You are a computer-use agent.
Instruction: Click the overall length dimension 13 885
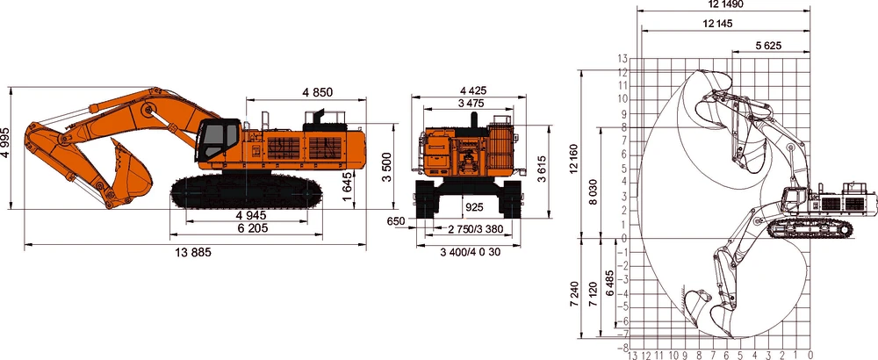pyautogui.click(x=193, y=252)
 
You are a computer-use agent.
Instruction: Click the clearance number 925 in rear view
pyautogui.click(x=473, y=207)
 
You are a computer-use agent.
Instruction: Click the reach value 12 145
pyautogui.click(x=718, y=24)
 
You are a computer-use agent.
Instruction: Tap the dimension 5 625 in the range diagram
pyautogui.click(x=769, y=45)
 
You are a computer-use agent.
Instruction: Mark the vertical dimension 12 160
pyautogui.click(x=574, y=153)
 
